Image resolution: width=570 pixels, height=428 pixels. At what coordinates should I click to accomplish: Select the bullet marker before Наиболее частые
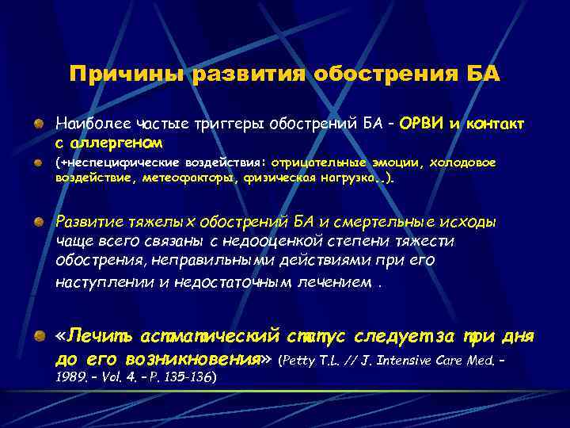(38, 126)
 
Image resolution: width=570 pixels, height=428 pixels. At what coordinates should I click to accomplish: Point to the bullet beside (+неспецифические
(38, 163)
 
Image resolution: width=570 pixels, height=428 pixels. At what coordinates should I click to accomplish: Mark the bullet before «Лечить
(38, 338)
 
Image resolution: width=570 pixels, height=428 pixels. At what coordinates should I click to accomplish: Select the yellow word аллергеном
(118, 143)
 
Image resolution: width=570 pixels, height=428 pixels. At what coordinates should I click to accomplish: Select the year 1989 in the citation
(70, 377)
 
